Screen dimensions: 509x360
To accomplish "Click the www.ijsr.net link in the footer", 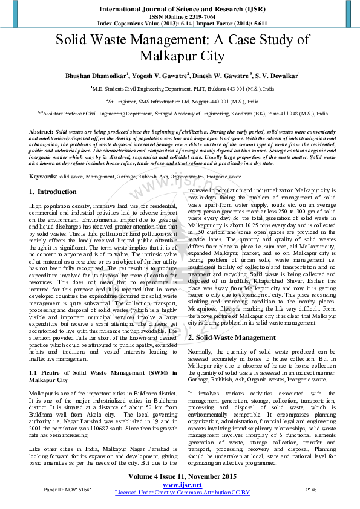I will click(182, 485).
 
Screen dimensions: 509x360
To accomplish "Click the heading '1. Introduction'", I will click(53, 192).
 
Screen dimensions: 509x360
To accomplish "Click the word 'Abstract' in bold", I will click(41, 131).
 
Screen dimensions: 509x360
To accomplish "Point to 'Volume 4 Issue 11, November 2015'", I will click(182, 477).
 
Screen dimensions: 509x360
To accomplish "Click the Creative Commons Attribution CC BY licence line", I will click(182, 493).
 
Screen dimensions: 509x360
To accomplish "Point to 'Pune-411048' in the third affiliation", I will click(286, 113).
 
